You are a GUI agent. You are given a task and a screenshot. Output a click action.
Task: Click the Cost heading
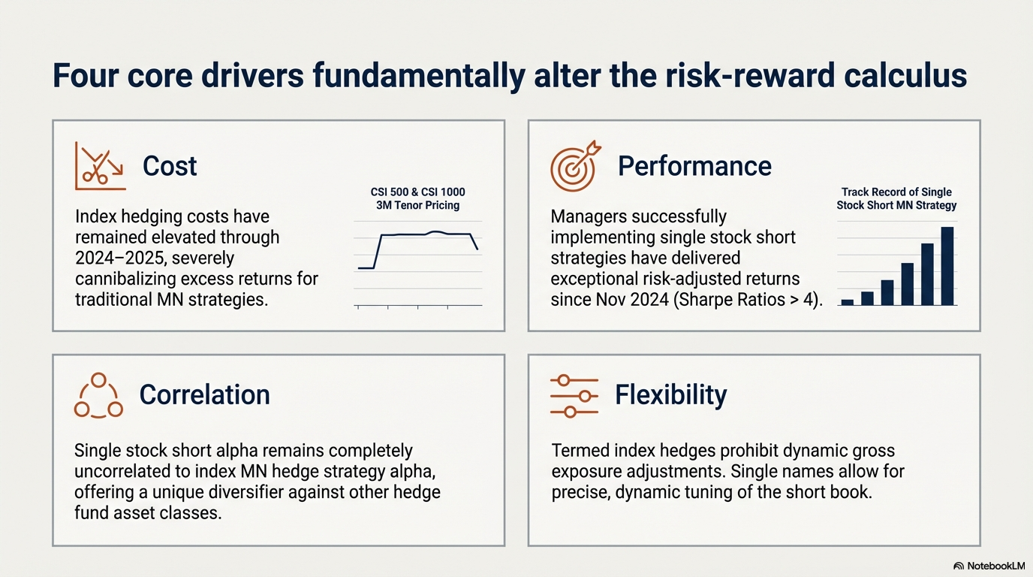click(x=169, y=166)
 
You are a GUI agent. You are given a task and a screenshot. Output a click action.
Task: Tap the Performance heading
click(x=694, y=166)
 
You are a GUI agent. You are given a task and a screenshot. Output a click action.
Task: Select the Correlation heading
click(x=204, y=394)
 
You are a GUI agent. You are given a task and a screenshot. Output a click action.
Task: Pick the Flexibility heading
click(x=671, y=395)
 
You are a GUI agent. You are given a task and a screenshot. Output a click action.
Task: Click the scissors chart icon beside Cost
click(x=100, y=166)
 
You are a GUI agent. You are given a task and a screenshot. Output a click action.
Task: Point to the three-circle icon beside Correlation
click(x=98, y=396)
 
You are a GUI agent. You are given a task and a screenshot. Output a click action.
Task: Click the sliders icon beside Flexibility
click(x=574, y=397)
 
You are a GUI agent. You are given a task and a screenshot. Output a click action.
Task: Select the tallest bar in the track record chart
click(x=947, y=266)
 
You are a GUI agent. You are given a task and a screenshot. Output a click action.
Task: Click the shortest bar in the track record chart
click(x=847, y=302)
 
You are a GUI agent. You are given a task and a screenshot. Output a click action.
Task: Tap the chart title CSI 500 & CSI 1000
click(x=418, y=192)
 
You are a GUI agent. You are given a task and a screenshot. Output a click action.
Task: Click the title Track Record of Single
click(x=896, y=192)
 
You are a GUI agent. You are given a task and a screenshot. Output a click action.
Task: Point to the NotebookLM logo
click(x=989, y=566)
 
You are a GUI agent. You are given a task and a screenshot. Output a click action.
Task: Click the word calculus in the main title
click(x=905, y=76)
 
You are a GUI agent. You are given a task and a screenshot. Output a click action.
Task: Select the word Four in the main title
click(x=86, y=76)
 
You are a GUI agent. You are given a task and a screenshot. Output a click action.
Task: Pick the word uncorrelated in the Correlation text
click(x=131, y=471)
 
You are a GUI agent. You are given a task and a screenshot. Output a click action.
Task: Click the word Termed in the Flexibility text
click(x=583, y=451)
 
